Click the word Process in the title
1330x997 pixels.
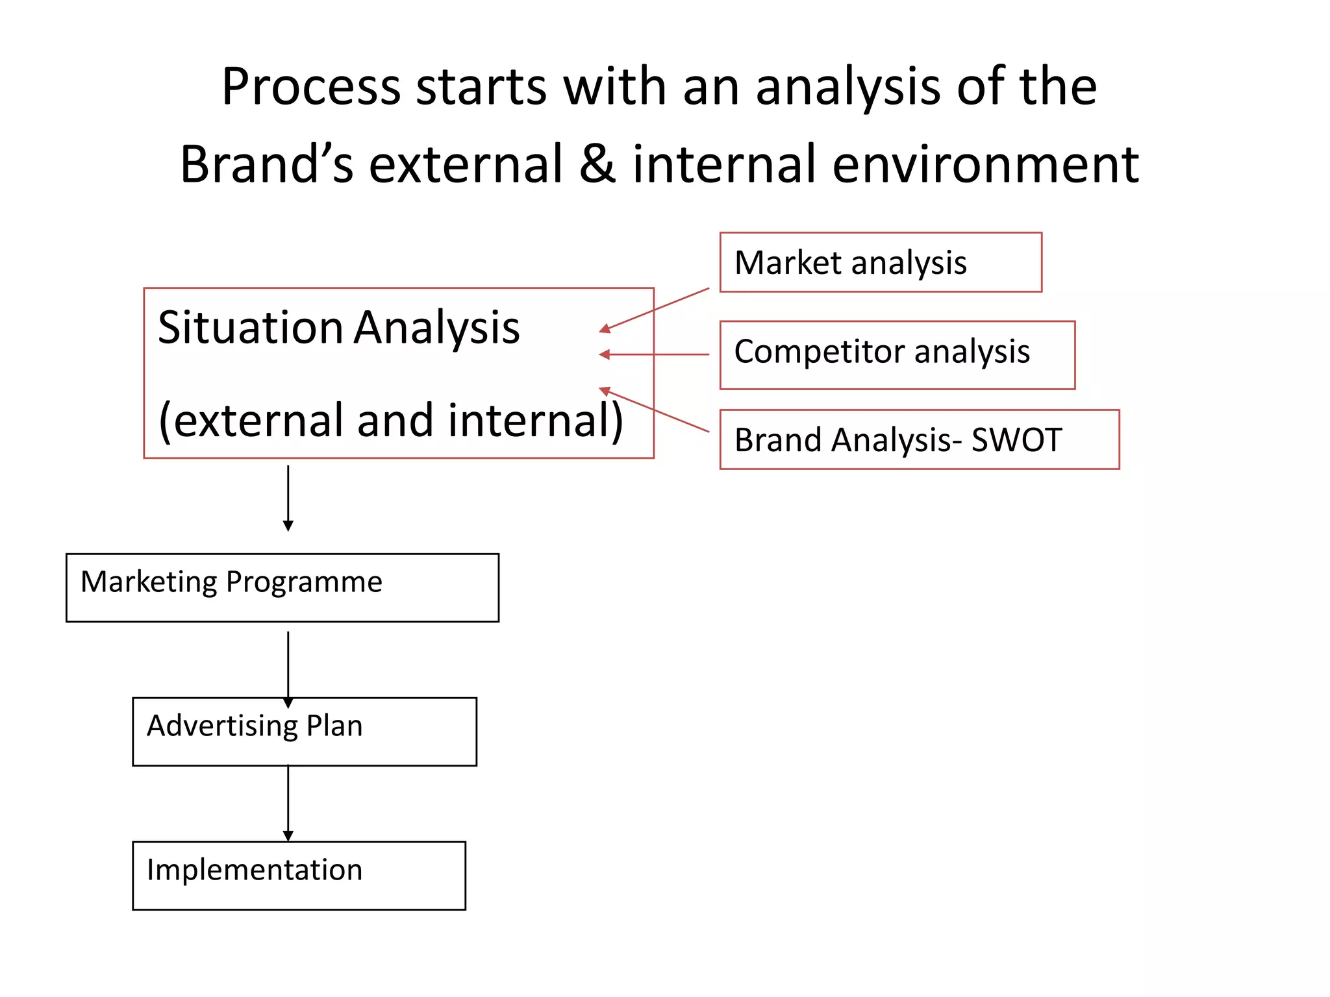tap(310, 87)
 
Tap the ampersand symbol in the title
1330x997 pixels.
tap(597, 164)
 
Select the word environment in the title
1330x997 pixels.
tap(985, 165)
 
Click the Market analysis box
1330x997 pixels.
tap(880, 262)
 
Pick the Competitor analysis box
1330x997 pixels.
tap(897, 354)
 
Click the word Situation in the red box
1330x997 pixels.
tap(250, 327)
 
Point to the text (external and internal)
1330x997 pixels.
tap(390, 421)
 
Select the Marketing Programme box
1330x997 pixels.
tap(282, 587)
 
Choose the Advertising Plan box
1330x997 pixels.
tap(304, 732)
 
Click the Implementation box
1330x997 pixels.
tap(299, 876)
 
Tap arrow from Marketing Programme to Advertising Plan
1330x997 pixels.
tap(288, 669)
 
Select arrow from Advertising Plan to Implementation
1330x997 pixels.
tap(288, 804)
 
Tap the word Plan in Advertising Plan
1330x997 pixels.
tap(334, 726)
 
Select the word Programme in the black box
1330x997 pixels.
tap(304, 582)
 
